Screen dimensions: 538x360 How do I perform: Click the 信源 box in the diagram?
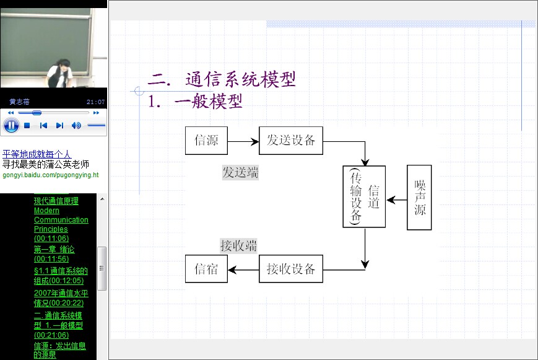tap(206, 141)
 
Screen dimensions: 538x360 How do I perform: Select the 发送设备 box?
tap(291, 141)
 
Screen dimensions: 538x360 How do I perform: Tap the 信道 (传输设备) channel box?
tap(364, 196)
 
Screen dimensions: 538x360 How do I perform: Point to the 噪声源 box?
tap(419, 197)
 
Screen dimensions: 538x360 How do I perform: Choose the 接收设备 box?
tap(291, 269)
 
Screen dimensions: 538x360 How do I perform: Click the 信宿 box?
tap(206, 269)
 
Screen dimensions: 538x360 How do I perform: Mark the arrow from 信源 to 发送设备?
tap(243, 141)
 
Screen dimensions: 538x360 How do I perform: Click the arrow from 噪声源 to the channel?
tap(396, 200)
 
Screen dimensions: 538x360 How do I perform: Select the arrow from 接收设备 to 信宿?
tap(243, 270)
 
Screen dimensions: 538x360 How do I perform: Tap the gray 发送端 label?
tap(240, 172)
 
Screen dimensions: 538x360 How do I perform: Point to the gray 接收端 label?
tap(238, 246)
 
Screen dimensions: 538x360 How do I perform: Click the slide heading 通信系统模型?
tap(241, 79)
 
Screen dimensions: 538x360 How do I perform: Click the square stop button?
tap(27, 125)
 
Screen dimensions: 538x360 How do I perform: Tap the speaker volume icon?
tap(76, 125)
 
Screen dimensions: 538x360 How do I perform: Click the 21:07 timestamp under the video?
tap(96, 102)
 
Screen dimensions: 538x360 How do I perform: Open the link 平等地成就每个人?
tap(37, 154)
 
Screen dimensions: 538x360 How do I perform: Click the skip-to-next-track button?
tap(59, 125)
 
